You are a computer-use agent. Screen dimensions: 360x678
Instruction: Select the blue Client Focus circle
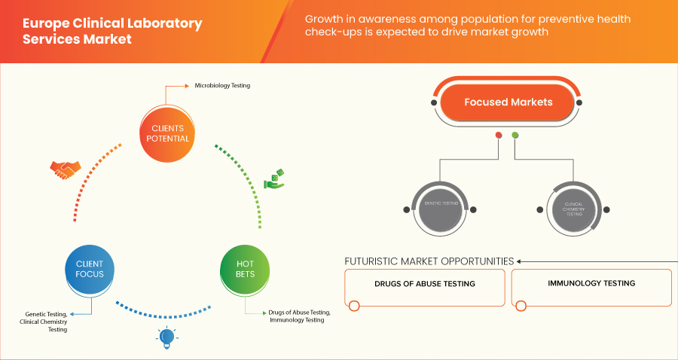point(90,269)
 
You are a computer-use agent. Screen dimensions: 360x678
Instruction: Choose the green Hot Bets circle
point(245,269)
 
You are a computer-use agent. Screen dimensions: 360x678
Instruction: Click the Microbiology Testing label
point(221,86)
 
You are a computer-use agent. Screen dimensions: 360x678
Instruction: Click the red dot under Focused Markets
point(498,136)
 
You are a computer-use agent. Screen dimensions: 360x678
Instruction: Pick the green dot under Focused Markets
point(515,136)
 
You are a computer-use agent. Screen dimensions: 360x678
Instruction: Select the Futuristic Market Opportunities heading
point(429,261)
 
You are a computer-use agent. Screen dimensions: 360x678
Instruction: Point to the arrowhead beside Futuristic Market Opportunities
point(519,261)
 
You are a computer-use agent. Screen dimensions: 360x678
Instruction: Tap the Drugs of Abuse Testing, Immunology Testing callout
point(298,316)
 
